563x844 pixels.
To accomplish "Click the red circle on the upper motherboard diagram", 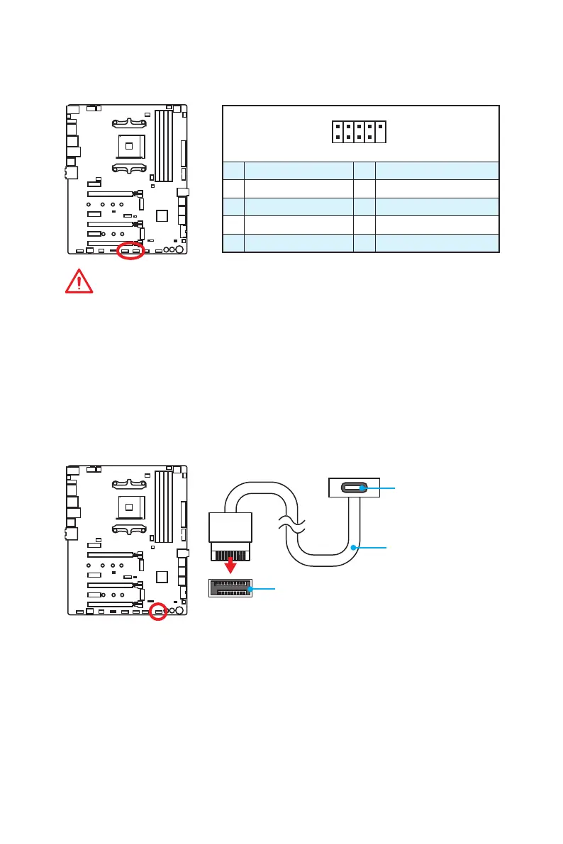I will coord(130,251).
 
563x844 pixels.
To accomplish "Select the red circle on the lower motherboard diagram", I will coord(159,611).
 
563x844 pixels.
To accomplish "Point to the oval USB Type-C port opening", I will coord(354,488).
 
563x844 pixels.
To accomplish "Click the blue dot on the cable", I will coord(352,546).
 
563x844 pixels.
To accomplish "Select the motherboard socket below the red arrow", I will coord(229,587).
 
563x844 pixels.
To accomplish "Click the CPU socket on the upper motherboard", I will coord(130,147).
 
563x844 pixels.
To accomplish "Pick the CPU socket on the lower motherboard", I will coord(130,507).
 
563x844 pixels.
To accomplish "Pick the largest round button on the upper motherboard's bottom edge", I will coord(179,249).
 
